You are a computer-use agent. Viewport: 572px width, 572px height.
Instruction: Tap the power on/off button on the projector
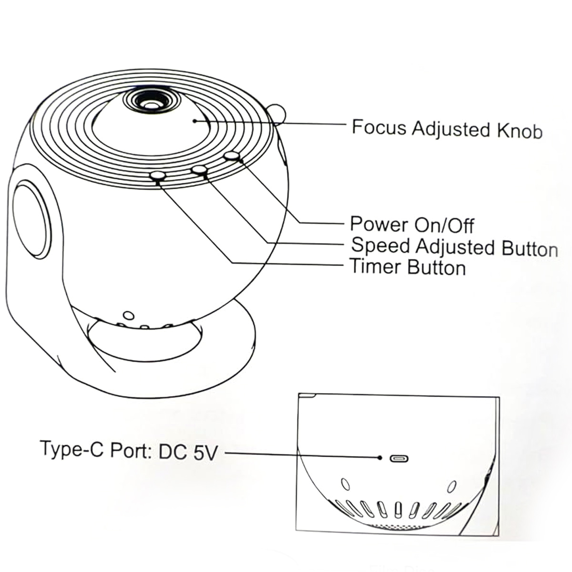coord(232,156)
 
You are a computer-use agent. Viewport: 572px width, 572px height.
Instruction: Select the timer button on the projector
coord(157,176)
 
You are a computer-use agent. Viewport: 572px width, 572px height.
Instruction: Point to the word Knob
coord(520,131)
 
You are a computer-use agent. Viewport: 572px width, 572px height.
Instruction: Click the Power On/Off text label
coord(412,225)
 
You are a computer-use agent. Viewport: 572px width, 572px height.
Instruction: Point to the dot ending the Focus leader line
coord(194,121)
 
